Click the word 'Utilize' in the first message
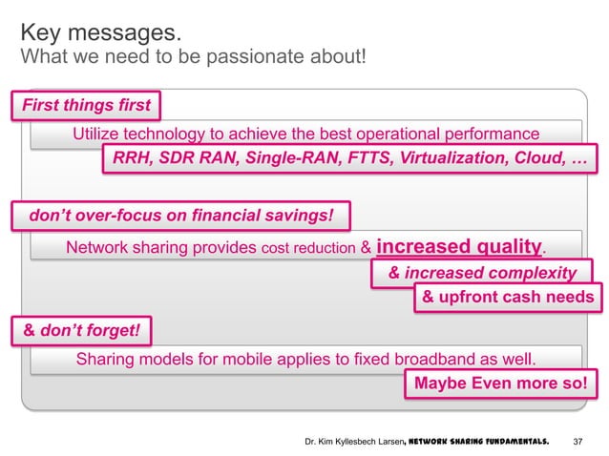point(100,134)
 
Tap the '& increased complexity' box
point(482,274)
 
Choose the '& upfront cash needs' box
point(508,298)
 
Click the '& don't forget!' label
point(81,330)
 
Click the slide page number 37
point(577,443)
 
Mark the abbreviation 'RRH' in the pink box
point(132,158)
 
